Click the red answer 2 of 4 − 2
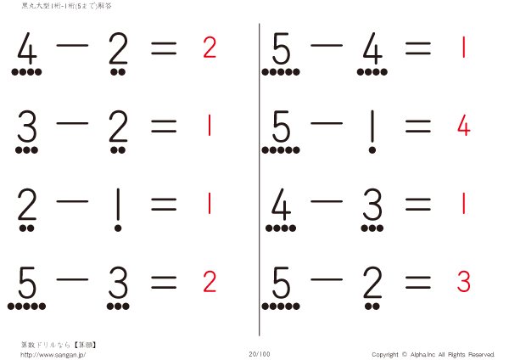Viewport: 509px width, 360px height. coord(210,48)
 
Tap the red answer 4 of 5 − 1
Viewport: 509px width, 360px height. coord(463,127)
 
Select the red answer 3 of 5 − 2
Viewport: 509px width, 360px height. coord(463,282)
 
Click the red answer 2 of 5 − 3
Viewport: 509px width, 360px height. coord(210,282)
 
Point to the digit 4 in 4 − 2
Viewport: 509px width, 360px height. coord(27,53)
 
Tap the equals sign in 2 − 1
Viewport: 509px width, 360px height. coord(164,204)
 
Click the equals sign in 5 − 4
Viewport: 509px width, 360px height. coord(417,49)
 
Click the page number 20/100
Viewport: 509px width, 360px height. coord(260,353)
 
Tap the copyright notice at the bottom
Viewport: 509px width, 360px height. coord(433,353)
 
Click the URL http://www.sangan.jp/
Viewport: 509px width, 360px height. coord(53,354)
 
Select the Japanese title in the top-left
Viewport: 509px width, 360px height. coord(66,6)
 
